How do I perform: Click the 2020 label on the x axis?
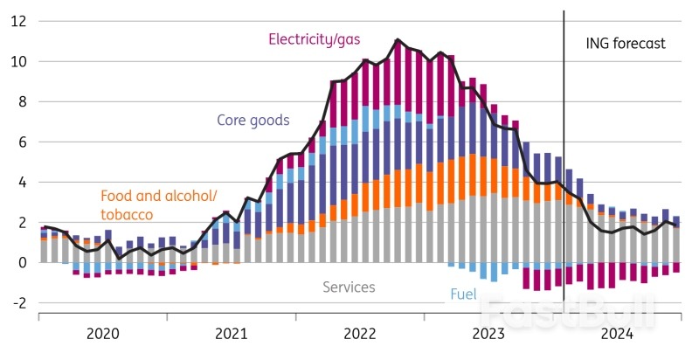pyautogui.click(x=102, y=333)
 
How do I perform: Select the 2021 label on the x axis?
pyautogui.click(x=231, y=333)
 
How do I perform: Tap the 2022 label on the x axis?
pyautogui.click(x=359, y=333)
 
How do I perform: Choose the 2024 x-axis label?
pyautogui.click(x=617, y=333)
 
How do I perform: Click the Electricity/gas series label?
pyautogui.click(x=315, y=39)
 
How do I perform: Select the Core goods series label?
pyautogui.click(x=253, y=120)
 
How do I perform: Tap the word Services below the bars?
pyautogui.click(x=349, y=287)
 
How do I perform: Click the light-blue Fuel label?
pyautogui.click(x=463, y=294)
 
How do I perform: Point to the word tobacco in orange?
pyautogui.click(x=127, y=214)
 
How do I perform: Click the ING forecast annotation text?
pyautogui.click(x=625, y=43)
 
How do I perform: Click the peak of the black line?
pyautogui.click(x=398, y=39)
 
